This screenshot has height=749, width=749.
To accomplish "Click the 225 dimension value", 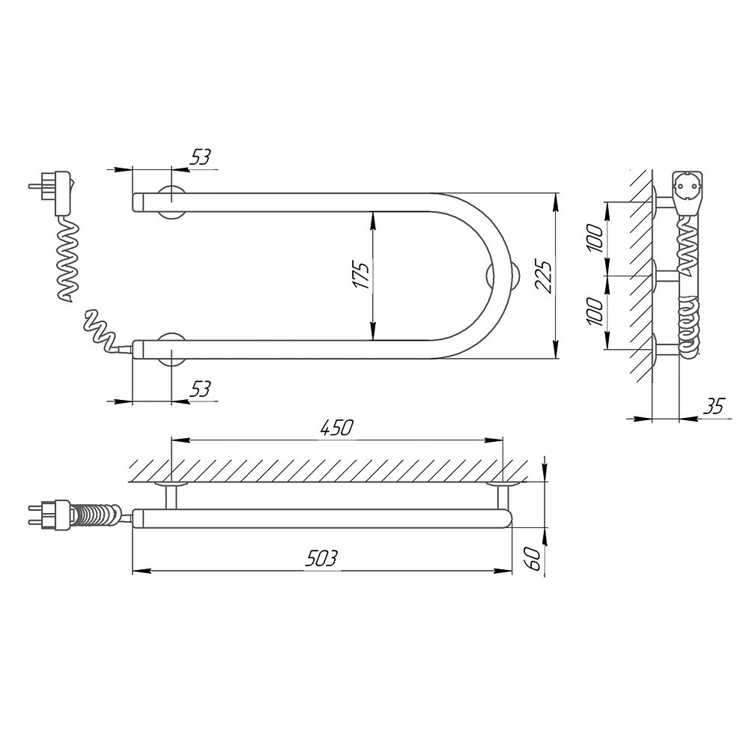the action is pyautogui.click(x=543, y=276).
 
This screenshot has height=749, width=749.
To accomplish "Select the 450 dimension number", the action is pyautogui.click(x=336, y=428).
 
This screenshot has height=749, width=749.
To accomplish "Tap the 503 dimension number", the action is pyautogui.click(x=321, y=558).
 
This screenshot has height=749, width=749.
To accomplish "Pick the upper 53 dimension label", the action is pyautogui.click(x=200, y=157).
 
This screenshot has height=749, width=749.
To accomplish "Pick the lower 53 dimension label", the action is pyautogui.click(x=200, y=389).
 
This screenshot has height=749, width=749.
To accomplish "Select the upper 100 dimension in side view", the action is pyautogui.click(x=595, y=238).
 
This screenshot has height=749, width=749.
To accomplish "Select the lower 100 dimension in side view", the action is pyautogui.click(x=595, y=312).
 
